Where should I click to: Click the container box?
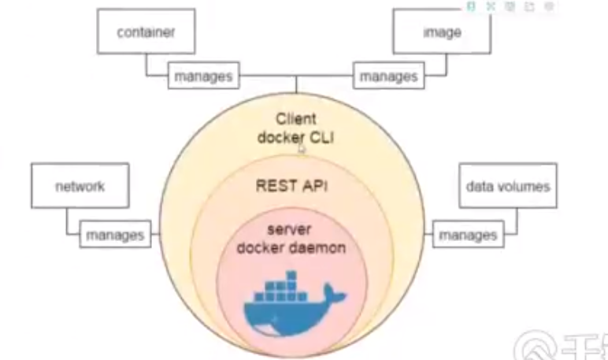(145, 33)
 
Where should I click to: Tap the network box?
(80, 187)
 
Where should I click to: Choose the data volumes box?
(507, 187)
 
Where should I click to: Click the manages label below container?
(202, 76)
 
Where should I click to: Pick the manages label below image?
(388, 76)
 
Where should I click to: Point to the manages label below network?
(114, 234)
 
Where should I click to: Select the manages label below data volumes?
(467, 235)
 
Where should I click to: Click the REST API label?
(292, 186)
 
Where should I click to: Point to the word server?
(291, 228)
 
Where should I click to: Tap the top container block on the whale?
(291, 276)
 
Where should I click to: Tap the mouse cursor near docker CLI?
(301, 147)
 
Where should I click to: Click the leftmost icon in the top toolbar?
(471, 6)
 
